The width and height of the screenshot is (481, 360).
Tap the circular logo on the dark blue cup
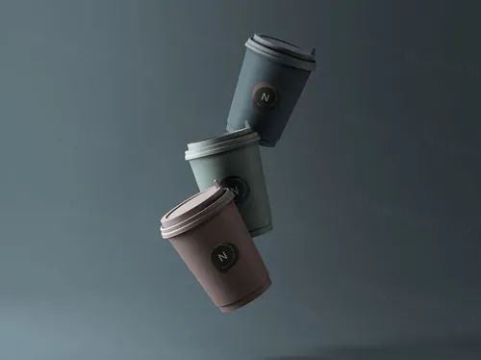coord(266,96)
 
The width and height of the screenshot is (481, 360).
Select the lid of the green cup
coord(222,145)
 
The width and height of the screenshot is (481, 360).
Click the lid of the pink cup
coord(196,213)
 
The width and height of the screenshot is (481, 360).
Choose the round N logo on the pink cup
coord(224,257)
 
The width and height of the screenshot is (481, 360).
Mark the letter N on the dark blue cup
coord(266,96)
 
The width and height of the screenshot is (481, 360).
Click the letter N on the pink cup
coord(224,257)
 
